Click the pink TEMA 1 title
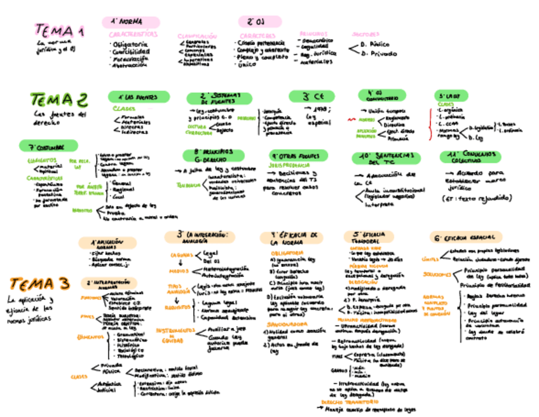click(x=60, y=31)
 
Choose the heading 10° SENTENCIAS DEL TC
click(x=386, y=158)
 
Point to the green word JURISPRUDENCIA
click(x=290, y=164)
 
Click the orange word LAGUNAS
click(x=181, y=254)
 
